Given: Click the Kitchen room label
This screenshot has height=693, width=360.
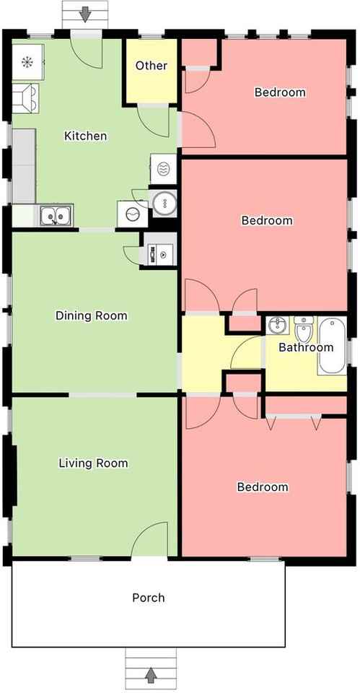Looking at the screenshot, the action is pos(86,136).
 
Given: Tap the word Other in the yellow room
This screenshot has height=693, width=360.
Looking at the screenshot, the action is pos(152,66).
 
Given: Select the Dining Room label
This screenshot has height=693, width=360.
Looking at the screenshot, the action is pos(92,315).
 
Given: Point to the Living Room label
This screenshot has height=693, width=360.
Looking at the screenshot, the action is pos(93,463).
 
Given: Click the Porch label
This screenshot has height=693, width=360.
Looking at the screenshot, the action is pos(149,598).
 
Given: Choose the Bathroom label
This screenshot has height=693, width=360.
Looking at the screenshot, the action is pos(306,347).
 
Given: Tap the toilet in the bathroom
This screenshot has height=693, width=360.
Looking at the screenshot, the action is pos(304,329).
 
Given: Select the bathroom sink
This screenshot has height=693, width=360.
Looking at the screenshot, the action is pos(278,326).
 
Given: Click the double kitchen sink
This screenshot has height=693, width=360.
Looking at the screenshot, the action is pos(56,215).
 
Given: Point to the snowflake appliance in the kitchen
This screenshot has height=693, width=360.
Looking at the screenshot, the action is pos(27,62).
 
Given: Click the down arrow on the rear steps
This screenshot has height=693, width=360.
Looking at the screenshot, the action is pos(85,15).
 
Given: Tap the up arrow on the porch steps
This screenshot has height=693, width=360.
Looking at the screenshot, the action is pos(151,675).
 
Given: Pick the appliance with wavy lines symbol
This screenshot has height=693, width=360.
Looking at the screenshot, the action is pos(164,169).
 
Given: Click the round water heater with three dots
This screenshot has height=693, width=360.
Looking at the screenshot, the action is pos(164,204).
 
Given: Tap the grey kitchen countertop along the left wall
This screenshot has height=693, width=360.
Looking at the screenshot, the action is pos(23,166).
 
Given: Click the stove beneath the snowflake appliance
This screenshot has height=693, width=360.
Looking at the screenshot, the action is pos(25,97).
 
